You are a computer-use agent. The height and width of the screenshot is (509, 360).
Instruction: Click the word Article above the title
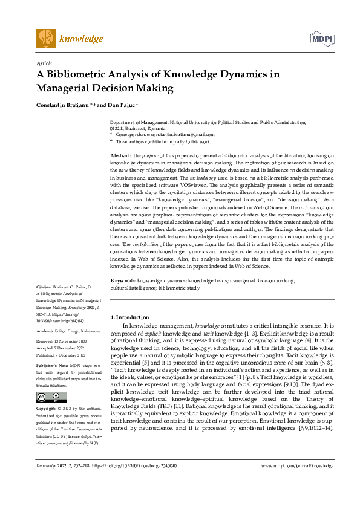click(x=44, y=63)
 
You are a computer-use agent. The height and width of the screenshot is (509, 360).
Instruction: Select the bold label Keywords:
click(x=123, y=280)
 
